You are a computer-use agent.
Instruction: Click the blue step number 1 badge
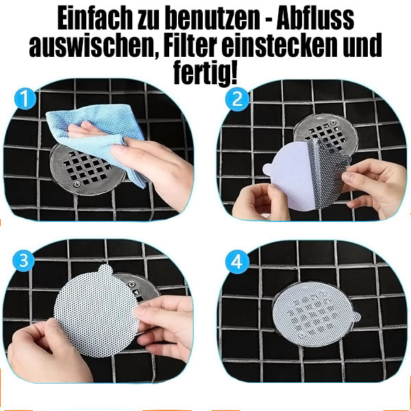[x=25, y=99]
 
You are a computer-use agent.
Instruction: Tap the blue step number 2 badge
[x=237, y=99]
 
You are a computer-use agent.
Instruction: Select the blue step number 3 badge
[x=23, y=261]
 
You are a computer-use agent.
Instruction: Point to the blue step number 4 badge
[x=237, y=262]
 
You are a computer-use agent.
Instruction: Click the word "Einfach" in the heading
[x=95, y=20]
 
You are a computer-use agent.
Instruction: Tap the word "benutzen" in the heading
[x=212, y=20]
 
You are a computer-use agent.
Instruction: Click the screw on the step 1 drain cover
[x=77, y=184]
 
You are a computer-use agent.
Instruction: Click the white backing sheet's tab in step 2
[x=268, y=170]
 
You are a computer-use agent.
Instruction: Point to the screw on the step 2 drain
[x=333, y=123]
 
